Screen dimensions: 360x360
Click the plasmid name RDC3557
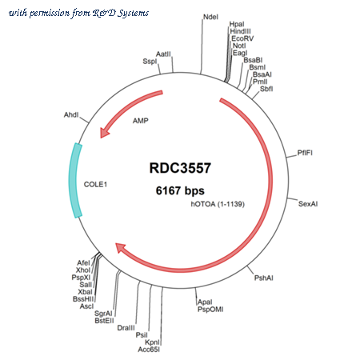[x=180, y=168]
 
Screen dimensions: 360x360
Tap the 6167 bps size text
[x=180, y=190]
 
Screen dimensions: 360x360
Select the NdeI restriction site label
[x=210, y=17]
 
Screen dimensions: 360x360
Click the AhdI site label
[x=71, y=114]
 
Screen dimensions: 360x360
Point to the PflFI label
[x=305, y=153]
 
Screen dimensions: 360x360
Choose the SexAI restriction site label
[x=308, y=204]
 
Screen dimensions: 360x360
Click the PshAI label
[x=264, y=278]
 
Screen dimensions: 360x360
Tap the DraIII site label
[x=126, y=328]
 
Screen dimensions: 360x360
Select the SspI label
[x=150, y=62]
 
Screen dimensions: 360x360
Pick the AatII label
[x=163, y=54]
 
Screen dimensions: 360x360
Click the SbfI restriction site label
[x=266, y=89]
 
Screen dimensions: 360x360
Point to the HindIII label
[x=240, y=31]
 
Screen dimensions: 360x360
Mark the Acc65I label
[x=149, y=350]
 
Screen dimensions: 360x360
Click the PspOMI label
[x=210, y=310]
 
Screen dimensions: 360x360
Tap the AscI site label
[x=87, y=306]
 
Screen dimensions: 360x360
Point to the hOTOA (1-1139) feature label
[x=218, y=204]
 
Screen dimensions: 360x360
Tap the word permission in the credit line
[x=50, y=13]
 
